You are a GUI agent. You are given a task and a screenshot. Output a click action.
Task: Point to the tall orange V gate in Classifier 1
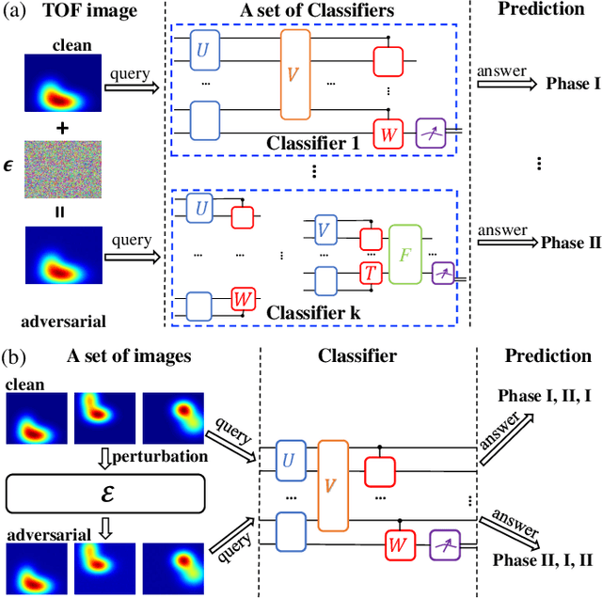point(294,73)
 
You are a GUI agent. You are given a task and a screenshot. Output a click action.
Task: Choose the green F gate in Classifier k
point(405,254)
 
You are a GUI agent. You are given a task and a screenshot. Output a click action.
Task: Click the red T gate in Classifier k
point(371,273)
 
